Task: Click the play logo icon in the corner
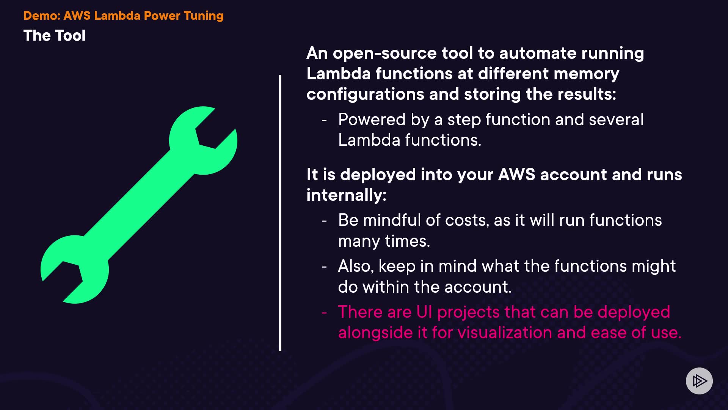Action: (699, 381)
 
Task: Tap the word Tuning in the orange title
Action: (204, 16)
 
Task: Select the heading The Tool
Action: (55, 36)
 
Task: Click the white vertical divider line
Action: (280, 213)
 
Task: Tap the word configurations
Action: (365, 94)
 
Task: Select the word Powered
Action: (372, 120)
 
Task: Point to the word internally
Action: (346, 195)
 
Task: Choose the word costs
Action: (466, 220)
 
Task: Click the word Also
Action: (356, 266)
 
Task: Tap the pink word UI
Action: (424, 312)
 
